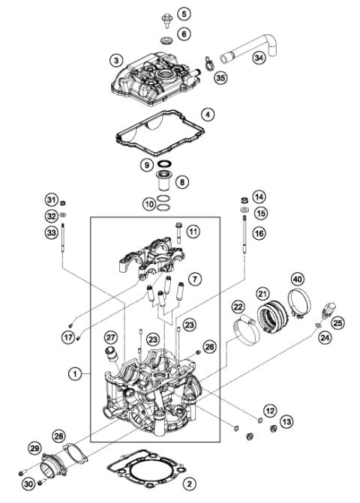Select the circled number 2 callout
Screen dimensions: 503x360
pos(189,484)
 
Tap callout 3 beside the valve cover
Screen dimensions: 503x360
pos(115,59)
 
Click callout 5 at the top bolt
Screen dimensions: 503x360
pos(184,13)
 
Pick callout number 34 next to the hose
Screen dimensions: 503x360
pos(258,57)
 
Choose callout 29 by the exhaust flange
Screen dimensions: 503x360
pos(34,448)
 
